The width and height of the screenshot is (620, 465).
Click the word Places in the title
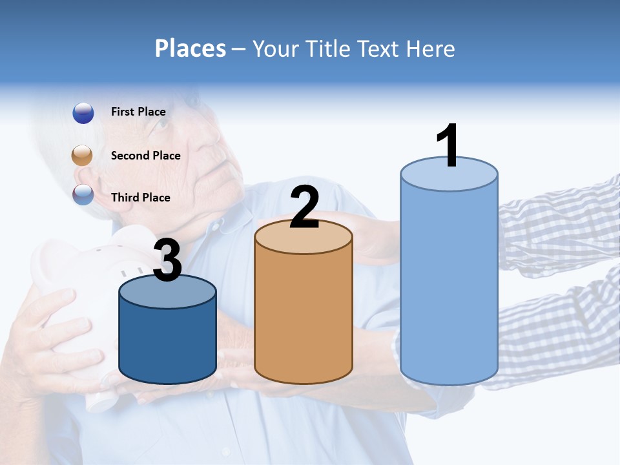[x=191, y=48]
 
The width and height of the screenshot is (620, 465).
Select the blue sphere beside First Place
[x=83, y=113]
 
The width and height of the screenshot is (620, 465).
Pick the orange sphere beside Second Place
[x=83, y=156]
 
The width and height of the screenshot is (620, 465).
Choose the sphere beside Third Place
[x=83, y=194]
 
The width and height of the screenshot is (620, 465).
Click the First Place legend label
[x=138, y=112]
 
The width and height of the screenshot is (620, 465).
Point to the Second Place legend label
[x=145, y=156]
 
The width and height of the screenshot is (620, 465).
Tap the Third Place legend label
[x=140, y=198]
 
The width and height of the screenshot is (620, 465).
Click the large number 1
[x=448, y=146]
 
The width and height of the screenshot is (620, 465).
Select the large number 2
[x=304, y=207]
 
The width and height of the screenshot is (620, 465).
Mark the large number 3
[x=167, y=260]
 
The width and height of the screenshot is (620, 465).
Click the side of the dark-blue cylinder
[x=167, y=342]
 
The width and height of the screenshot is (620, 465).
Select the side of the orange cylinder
[x=304, y=316]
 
